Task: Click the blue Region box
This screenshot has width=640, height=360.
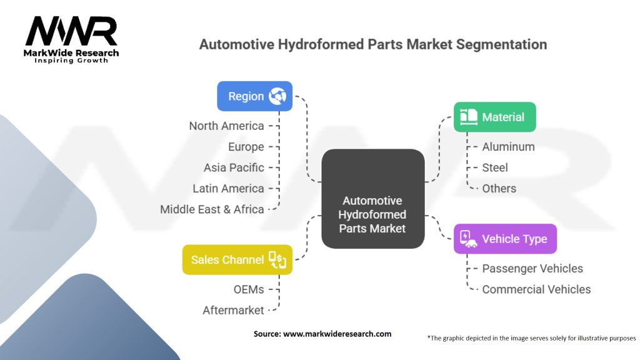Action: point(255,96)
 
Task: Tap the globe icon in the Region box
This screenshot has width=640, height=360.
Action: point(277,96)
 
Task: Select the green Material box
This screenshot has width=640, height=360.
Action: point(495,117)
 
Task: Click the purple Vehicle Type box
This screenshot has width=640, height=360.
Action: point(505,239)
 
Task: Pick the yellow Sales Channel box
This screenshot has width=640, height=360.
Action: point(237,259)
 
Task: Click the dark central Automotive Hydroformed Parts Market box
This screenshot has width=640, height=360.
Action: point(373,199)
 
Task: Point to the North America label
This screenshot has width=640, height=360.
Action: point(226,126)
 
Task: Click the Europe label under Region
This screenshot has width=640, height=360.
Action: point(246,147)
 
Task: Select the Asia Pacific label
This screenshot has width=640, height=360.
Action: point(234,167)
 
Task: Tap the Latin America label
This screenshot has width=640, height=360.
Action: point(229,189)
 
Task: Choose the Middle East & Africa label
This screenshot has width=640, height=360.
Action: point(212,209)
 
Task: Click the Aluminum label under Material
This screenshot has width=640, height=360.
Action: point(508,147)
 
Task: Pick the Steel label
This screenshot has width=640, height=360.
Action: point(495,167)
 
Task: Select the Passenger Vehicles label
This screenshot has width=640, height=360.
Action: point(532,269)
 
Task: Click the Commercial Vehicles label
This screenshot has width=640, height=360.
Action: point(536,289)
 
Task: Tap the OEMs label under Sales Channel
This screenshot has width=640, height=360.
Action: point(249,289)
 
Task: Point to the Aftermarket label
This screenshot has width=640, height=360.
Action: point(234,310)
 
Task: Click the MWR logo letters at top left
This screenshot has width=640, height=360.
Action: point(71,31)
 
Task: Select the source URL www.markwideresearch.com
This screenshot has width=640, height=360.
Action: point(337,334)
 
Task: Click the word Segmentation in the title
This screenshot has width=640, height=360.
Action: point(502,44)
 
